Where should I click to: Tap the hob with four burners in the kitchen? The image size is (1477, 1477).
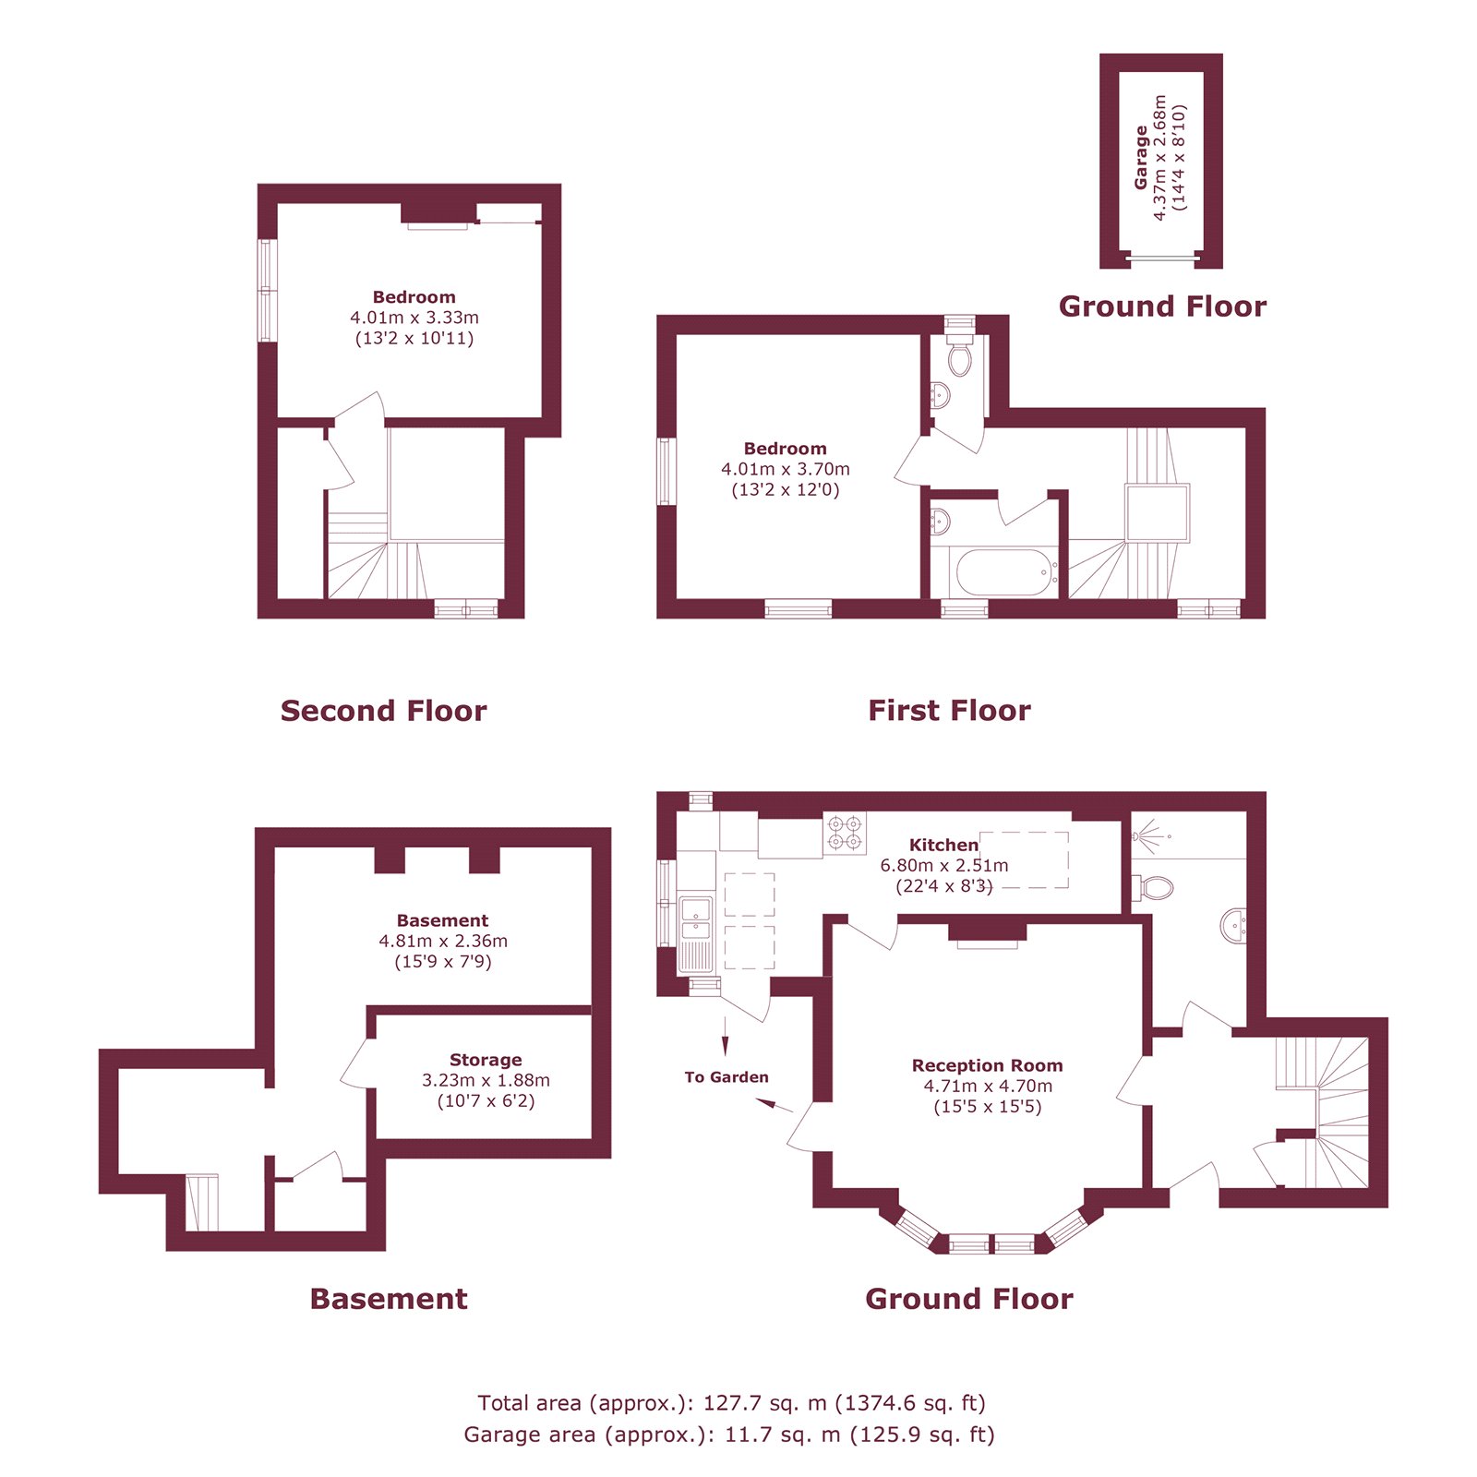coord(845,832)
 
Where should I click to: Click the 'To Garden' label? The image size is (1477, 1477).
coord(726,1077)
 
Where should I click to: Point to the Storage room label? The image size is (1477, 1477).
coord(486,1060)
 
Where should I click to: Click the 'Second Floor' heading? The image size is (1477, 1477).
coord(383,711)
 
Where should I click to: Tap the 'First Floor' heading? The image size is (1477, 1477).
coord(949,711)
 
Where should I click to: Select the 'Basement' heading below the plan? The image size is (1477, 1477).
coord(389,1299)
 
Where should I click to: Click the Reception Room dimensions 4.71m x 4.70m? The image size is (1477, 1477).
coord(988,1087)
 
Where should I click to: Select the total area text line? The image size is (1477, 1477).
coord(731,1403)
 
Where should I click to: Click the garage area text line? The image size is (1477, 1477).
coord(729,1435)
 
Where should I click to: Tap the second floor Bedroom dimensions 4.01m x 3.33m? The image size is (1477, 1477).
coord(414,318)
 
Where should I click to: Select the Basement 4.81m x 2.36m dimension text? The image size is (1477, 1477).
coord(443,942)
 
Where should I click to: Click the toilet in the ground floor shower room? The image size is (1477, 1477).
coord(1154,888)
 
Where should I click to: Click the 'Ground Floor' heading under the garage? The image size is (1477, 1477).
coord(1162,306)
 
